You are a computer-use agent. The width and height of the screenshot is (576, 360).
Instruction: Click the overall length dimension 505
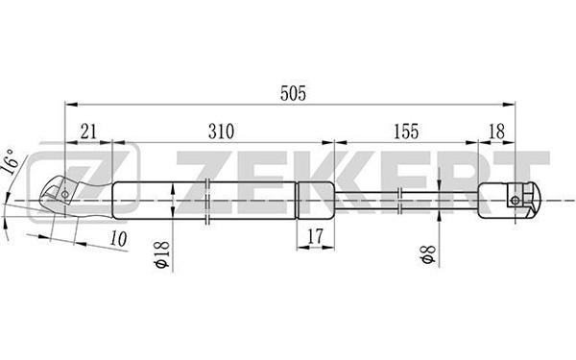tap(293, 94)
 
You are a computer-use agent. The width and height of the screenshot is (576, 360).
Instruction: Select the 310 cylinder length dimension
tap(221, 132)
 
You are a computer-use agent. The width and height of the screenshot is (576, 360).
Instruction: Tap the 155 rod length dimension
tap(406, 132)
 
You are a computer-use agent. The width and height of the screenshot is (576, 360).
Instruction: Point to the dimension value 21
tap(88, 132)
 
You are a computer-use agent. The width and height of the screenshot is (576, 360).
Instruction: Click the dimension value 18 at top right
tap(497, 132)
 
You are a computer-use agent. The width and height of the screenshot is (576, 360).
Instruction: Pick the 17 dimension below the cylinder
tap(315, 236)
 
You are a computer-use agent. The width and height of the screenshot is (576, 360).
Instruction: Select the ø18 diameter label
tap(162, 254)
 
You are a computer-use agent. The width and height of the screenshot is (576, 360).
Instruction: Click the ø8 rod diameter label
tap(428, 255)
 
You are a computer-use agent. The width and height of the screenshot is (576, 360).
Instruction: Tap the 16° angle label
tap(10, 161)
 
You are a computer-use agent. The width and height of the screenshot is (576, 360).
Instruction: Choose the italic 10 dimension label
tap(118, 239)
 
